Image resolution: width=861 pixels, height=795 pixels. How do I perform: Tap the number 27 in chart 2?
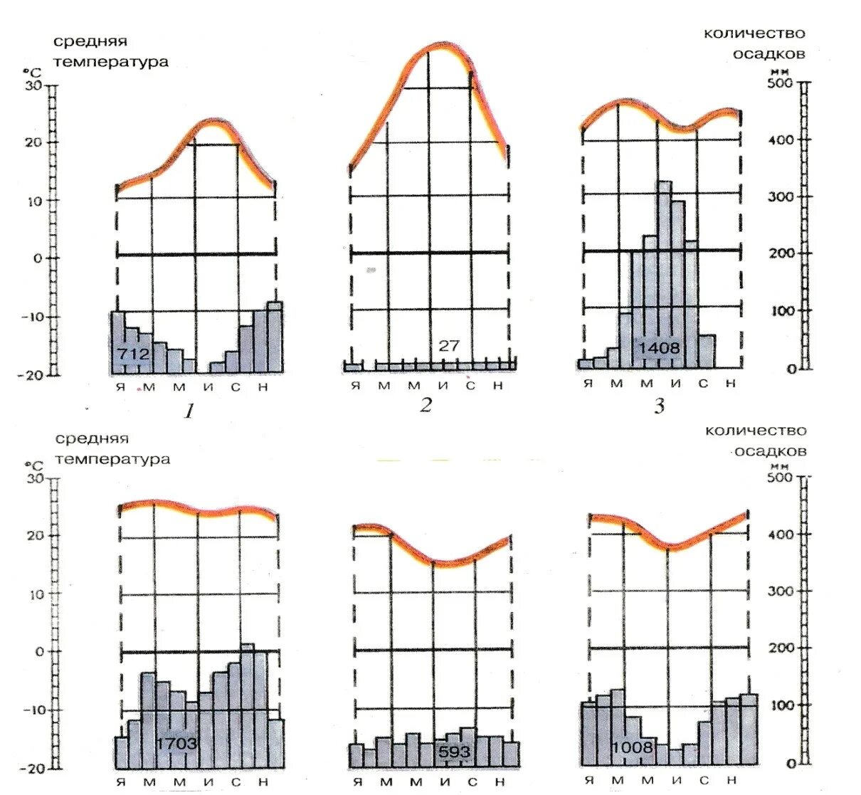pyautogui.click(x=449, y=346)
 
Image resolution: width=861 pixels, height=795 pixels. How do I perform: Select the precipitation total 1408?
pyautogui.click(x=659, y=349)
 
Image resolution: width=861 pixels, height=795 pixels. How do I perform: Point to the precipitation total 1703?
pyautogui.click(x=176, y=744)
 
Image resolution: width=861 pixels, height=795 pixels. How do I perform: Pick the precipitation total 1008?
pyautogui.click(x=632, y=747)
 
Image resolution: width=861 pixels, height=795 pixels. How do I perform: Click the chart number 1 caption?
pyautogui.click(x=189, y=411)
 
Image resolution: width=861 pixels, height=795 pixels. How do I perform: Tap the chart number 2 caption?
pyautogui.click(x=426, y=405)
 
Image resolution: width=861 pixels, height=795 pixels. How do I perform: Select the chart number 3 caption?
pyautogui.click(x=659, y=406)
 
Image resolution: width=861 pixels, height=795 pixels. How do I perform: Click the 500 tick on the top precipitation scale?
pyautogui.click(x=781, y=83)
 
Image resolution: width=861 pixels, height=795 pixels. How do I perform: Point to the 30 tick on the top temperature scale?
pyautogui.click(x=34, y=85)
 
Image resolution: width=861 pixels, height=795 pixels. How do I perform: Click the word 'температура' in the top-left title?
pyautogui.click(x=111, y=62)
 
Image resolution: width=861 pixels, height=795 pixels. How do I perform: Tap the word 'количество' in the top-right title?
pyautogui.click(x=754, y=33)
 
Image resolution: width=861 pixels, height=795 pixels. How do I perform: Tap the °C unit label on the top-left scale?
pyautogui.click(x=32, y=72)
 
